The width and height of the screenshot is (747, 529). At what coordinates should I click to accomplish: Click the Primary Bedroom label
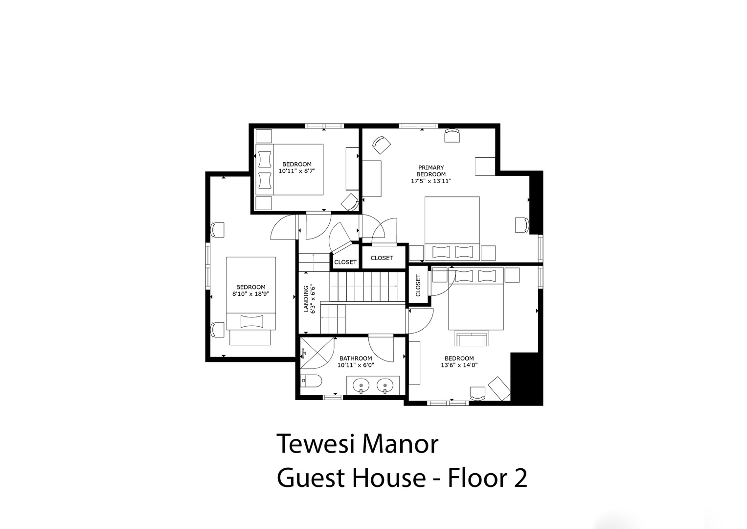(x=431, y=170)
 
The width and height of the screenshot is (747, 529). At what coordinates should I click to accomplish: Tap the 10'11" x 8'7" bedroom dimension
(x=297, y=171)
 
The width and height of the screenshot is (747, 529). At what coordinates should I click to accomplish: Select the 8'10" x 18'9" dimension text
(x=251, y=294)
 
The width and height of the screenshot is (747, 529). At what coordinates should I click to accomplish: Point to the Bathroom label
(x=356, y=359)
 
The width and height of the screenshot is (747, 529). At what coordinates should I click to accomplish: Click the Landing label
(x=306, y=299)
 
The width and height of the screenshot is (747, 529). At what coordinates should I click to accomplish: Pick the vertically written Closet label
(x=418, y=285)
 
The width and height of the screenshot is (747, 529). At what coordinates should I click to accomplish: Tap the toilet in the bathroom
(x=312, y=381)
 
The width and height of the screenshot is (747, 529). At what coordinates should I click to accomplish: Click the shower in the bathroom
(x=317, y=353)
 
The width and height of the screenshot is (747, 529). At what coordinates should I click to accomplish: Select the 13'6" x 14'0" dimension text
(x=459, y=365)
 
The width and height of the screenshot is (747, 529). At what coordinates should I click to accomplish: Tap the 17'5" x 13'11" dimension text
(x=431, y=181)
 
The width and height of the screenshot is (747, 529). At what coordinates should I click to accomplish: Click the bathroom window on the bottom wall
(x=333, y=397)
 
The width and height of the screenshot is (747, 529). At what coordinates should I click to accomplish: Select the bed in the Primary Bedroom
(x=452, y=228)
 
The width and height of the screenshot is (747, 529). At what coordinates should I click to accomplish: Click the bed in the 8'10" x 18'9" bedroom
(x=251, y=293)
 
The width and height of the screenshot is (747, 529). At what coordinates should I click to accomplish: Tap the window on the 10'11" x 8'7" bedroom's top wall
(x=324, y=126)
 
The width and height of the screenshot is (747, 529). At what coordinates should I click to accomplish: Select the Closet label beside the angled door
(x=345, y=262)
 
